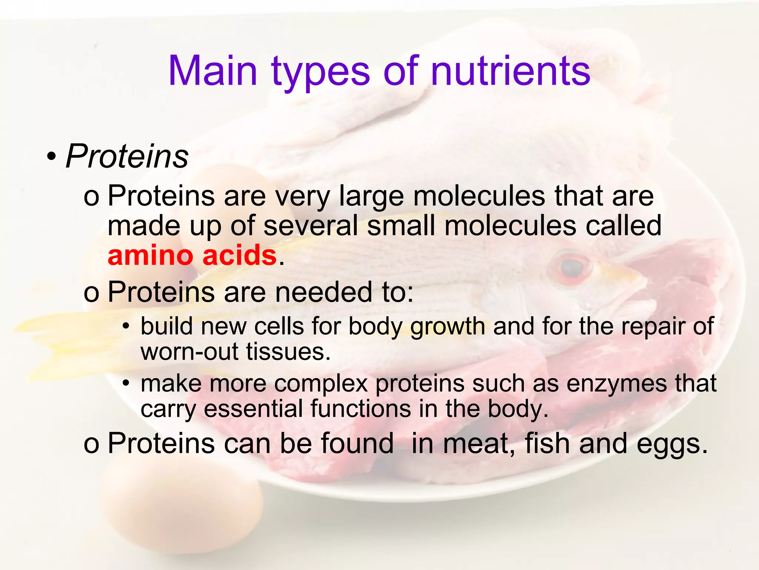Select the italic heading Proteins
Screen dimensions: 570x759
click(x=127, y=156)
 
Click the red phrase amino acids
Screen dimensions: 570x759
click(x=192, y=256)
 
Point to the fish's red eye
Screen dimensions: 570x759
click(x=573, y=266)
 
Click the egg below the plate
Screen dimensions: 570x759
click(x=182, y=508)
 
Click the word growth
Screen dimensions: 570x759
click(x=447, y=327)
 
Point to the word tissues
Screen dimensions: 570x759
click(x=288, y=351)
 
